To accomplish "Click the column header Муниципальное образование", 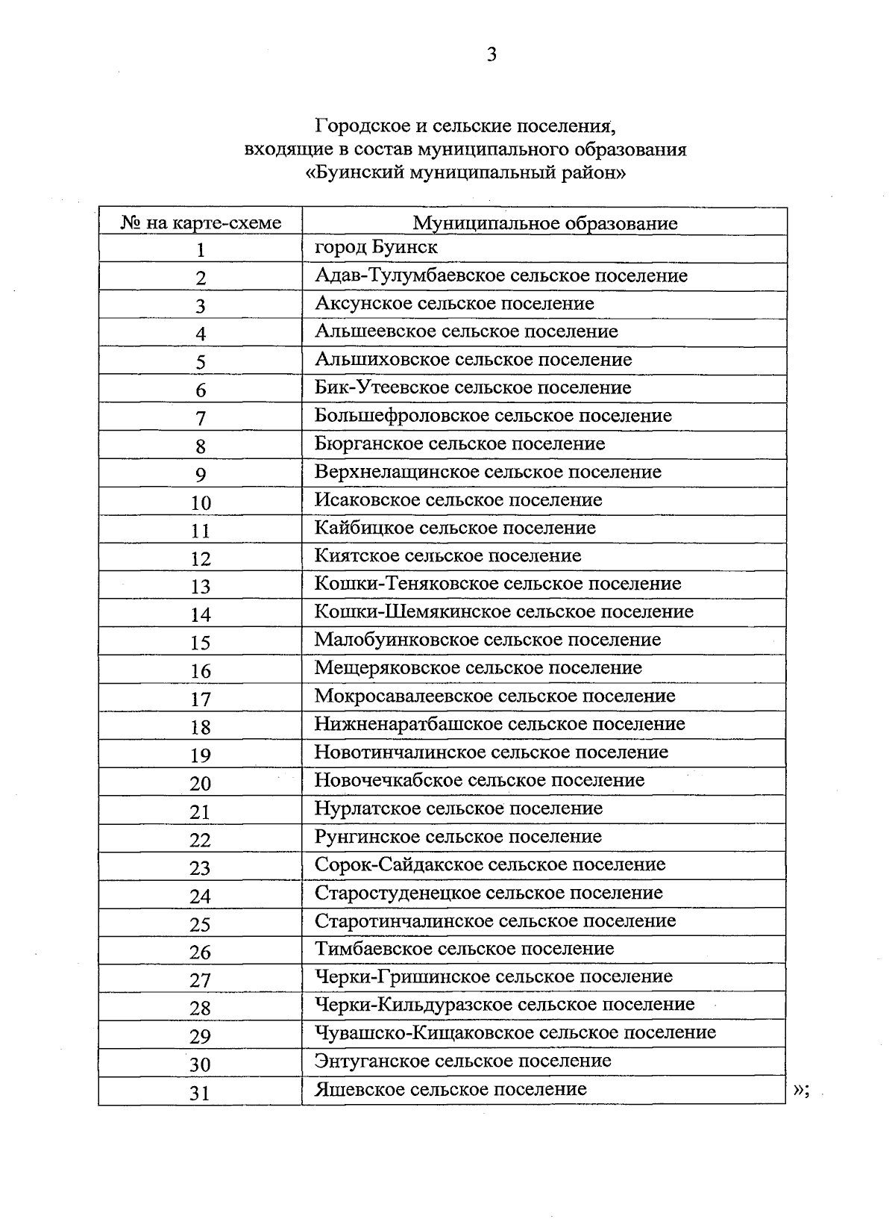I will click(x=545, y=223).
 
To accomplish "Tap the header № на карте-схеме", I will click(x=201, y=223).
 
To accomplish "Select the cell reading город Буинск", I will click(x=376, y=247).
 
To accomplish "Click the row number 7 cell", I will click(x=201, y=419).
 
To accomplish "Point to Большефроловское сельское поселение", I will click(x=493, y=416).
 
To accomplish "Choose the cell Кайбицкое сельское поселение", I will click(x=455, y=528).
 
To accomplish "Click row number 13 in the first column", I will click(x=201, y=587).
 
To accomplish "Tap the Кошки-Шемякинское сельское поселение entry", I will click(x=503, y=612).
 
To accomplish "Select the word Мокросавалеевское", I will click(x=403, y=696).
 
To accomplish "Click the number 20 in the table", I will click(x=201, y=784).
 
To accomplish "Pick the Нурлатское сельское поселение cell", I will click(x=458, y=808).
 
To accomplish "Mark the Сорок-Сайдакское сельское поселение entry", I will click(x=490, y=864).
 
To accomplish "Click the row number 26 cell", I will click(x=201, y=953).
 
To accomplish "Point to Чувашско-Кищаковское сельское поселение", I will click(x=515, y=1032).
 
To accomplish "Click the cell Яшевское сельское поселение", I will click(x=450, y=1089).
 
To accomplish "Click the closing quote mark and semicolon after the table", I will click(x=801, y=1091).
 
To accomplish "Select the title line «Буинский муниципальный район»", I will click(x=466, y=173).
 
